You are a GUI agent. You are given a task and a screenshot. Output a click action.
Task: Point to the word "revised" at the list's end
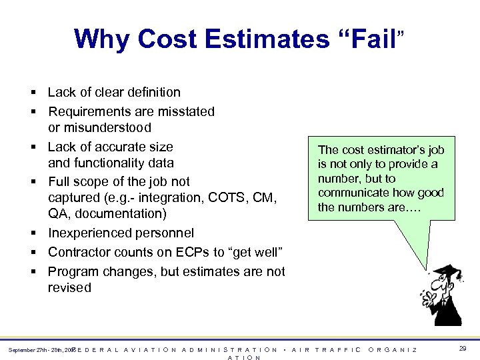tap(69, 288)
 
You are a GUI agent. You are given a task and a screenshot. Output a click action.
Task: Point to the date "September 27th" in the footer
tap(27, 350)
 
